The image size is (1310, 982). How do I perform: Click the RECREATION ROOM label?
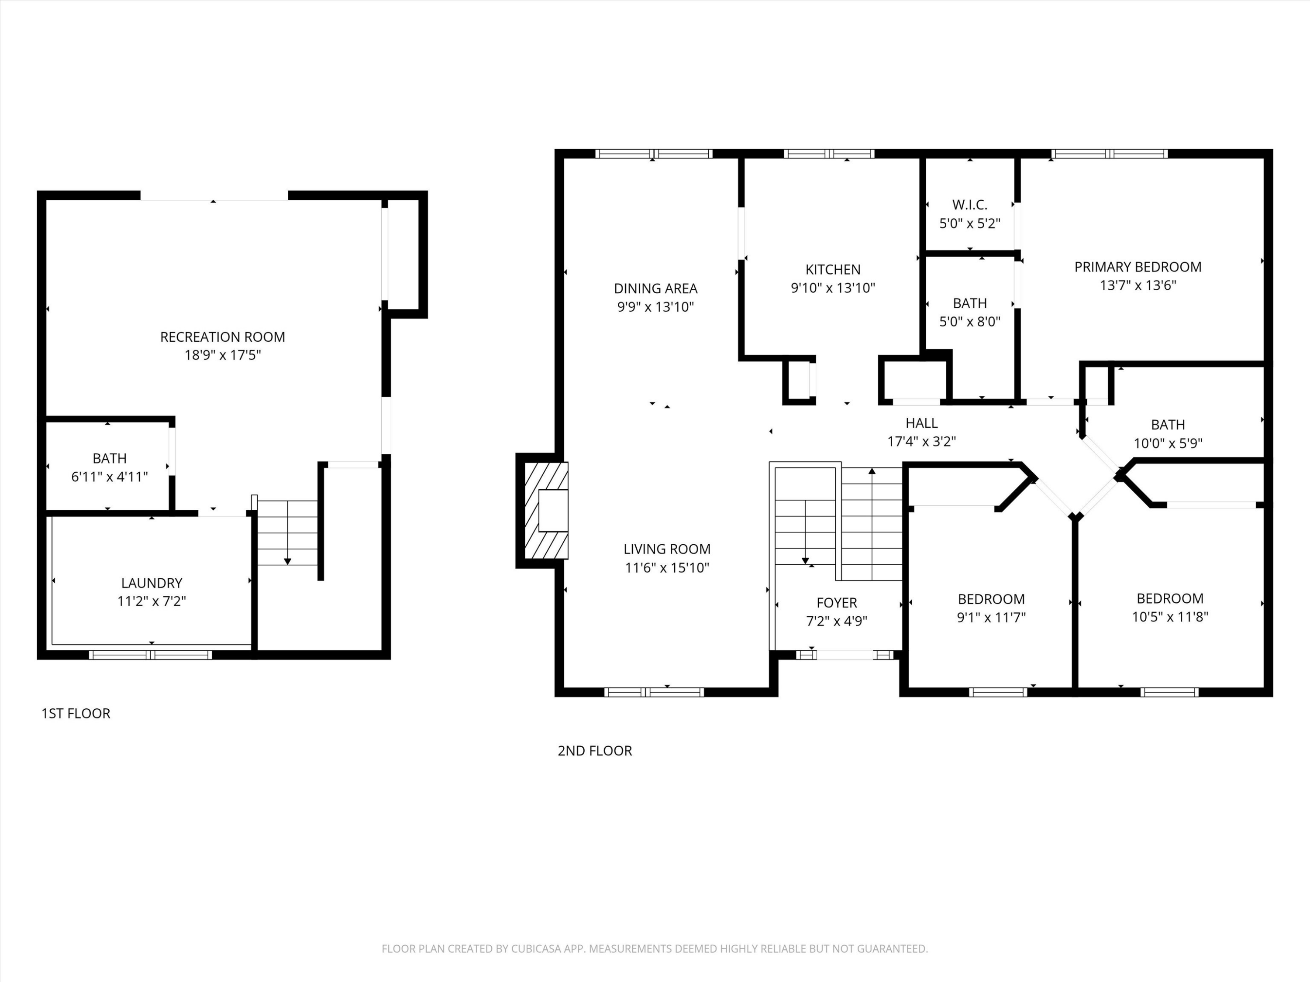tap(222, 337)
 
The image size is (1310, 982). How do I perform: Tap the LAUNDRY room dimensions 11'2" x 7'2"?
tap(152, 601)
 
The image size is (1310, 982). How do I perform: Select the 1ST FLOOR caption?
tap(76, 713)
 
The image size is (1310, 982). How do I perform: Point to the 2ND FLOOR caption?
tap(595, 751)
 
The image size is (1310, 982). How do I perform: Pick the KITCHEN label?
tap(833, 269)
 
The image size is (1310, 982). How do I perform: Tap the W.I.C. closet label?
tap(969, 205)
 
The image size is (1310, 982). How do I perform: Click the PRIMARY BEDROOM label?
tap(1138, 267)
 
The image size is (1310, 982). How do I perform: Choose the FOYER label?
tap(836, 603)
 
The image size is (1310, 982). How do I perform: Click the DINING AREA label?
tap(655, 288)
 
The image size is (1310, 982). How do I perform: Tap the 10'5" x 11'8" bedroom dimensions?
tap(1170, 617)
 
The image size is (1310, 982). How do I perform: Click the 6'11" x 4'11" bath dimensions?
tap(110, 477)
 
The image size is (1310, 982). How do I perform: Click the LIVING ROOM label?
tap(667, 549)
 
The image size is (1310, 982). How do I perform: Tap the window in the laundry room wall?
tap(150, 655)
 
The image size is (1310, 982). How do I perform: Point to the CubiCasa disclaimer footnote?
tap(655, 949)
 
